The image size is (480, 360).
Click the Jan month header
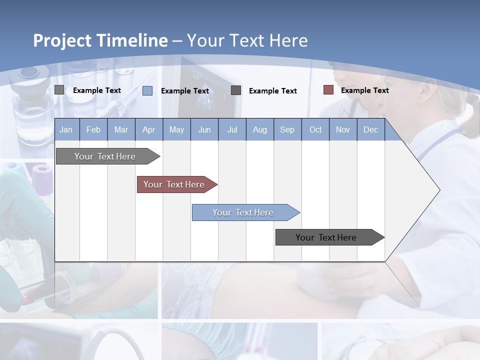(x=66, y=129)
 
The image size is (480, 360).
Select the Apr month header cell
(x=148, y=129)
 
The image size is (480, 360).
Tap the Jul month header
(x=232, y=129)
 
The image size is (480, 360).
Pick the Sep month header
(x=287, y=129)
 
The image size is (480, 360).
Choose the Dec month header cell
(x=370, y=129)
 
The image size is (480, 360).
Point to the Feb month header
(x=93, y=129)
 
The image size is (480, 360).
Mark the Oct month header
(x=315, y=129)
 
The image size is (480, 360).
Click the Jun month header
(x=204, y=129)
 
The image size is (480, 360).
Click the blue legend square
(x=147, y=90)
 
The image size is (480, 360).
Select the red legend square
(x=328, y=90)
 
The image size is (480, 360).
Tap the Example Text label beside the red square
(x=364, y=90)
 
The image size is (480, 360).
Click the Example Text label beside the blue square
(x=184, y=91)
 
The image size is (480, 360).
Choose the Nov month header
(x=343, y=129)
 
